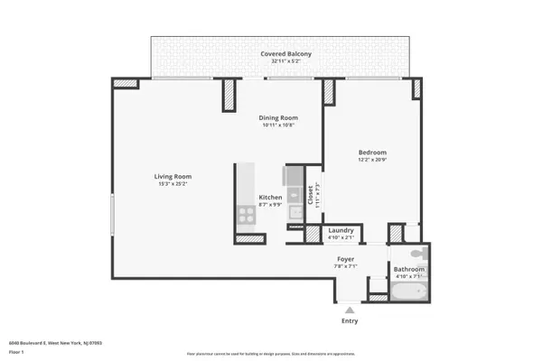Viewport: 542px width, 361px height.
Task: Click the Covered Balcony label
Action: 286,55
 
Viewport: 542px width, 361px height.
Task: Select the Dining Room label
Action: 279,118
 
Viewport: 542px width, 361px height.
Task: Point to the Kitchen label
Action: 271,197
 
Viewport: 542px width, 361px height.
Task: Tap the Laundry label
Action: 341,230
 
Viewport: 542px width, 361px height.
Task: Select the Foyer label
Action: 345,258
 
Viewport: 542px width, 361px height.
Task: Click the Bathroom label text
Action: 408,269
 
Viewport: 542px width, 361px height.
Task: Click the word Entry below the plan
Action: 349,320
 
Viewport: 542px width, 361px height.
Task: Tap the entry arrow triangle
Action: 349,308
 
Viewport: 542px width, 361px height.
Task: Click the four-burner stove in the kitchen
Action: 245,214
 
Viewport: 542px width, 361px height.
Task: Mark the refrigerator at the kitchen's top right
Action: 294,175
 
